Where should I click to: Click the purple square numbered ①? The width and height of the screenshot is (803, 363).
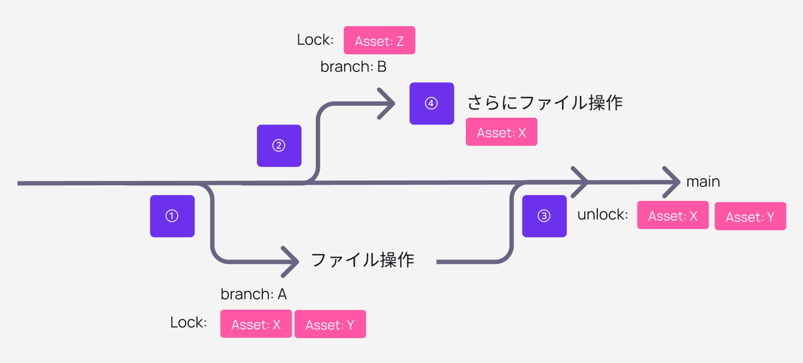(172, 216)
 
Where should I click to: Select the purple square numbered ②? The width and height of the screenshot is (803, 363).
(279, 146)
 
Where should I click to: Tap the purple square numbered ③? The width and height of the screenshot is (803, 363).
(544, 216)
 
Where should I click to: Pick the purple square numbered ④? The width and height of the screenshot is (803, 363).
(432, 104)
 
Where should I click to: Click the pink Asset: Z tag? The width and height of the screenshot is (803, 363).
(379, 41)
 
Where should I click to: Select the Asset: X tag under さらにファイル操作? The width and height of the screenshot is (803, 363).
(501, 132)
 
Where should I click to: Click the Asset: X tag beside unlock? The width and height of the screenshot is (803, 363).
(673, 215)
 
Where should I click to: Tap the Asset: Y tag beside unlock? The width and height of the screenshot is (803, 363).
(750, 216)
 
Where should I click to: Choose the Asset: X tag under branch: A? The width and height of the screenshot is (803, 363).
(256, 324)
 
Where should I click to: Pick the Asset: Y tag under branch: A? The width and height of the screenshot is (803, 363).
(330, 324)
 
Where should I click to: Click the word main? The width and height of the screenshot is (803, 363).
(703, 181)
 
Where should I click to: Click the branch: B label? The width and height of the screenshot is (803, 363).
(353, 67)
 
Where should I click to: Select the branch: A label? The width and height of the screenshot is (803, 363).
(254, 294)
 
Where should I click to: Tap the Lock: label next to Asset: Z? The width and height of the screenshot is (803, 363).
(315, 40)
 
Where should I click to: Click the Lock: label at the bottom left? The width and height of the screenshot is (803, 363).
(188, 322)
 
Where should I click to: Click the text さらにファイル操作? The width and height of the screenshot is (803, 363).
(544, 102)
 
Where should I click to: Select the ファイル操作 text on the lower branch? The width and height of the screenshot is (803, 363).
(362, 259)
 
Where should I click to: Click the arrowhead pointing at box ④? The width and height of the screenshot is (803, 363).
(388, 103)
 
